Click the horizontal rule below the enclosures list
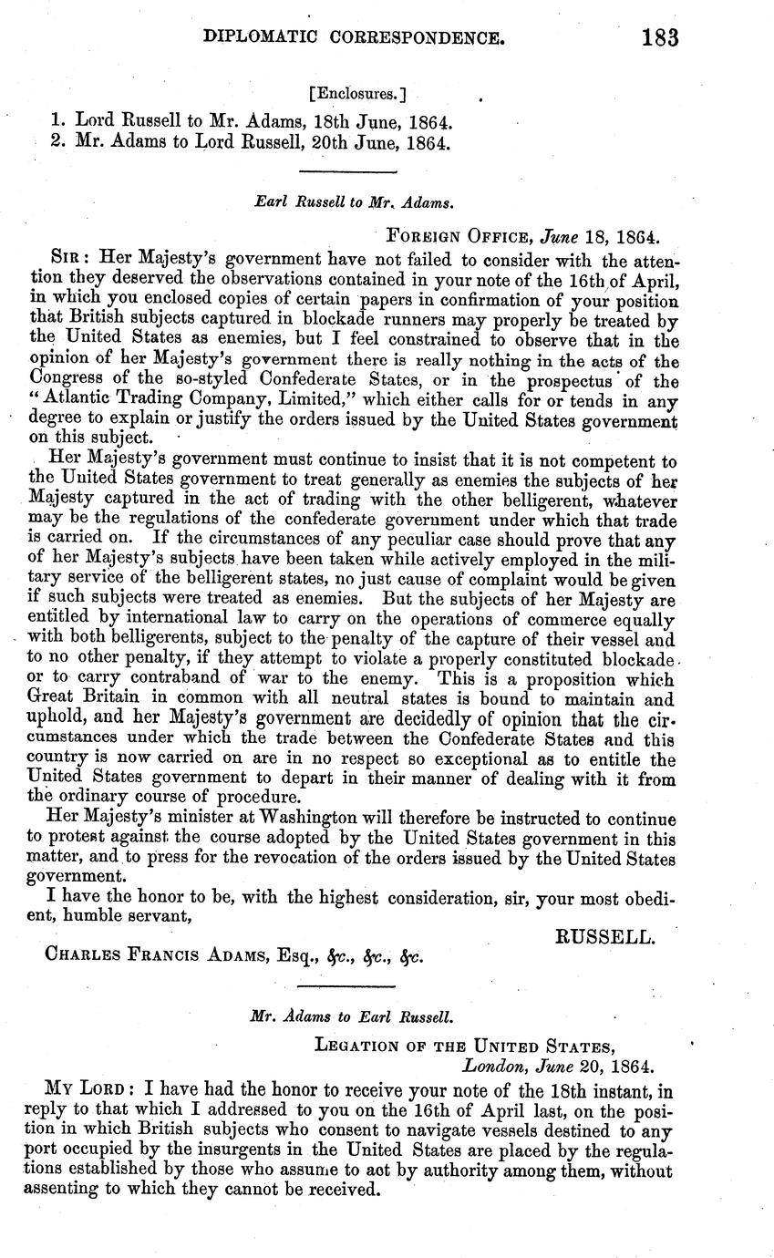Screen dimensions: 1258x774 click(349, 171)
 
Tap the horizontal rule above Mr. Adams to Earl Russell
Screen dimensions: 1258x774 click(349, 986)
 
